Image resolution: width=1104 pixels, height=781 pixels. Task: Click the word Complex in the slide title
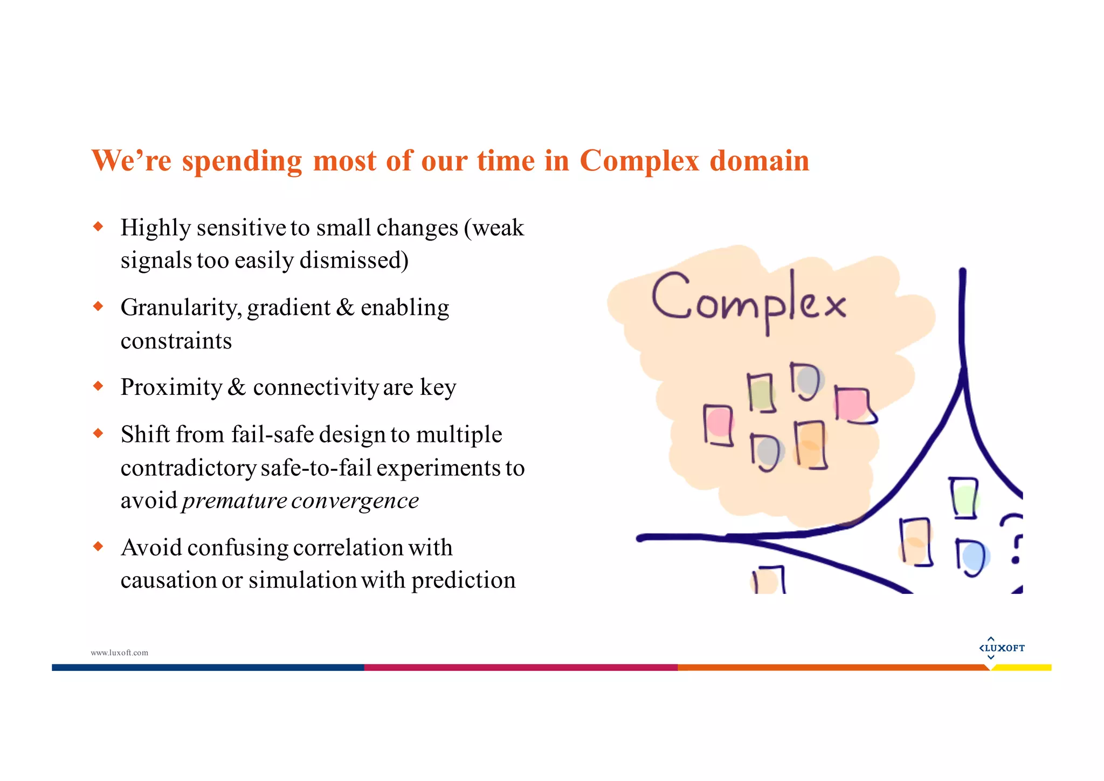639,161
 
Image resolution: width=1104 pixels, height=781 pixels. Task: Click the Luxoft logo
1002,648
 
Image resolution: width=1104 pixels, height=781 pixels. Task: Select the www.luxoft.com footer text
119,653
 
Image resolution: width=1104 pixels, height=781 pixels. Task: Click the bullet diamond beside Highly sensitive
98,227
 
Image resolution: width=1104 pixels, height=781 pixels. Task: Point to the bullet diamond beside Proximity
98,386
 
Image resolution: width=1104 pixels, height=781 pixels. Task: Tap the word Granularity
181,308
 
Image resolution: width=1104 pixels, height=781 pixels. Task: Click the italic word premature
234,501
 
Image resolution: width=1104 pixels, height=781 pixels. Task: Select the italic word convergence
355,501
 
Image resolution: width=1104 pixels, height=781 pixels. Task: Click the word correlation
348,547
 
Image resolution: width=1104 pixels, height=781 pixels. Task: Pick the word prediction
464,580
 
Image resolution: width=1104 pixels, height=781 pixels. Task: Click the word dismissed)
354,261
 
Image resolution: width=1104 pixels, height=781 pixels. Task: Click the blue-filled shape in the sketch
974,557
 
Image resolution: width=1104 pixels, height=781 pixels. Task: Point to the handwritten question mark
1014,539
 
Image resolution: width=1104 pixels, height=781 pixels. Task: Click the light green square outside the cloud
964,499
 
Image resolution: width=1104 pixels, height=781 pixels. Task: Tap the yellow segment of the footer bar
1022,668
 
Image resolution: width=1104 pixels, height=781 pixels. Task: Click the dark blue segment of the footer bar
208,668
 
